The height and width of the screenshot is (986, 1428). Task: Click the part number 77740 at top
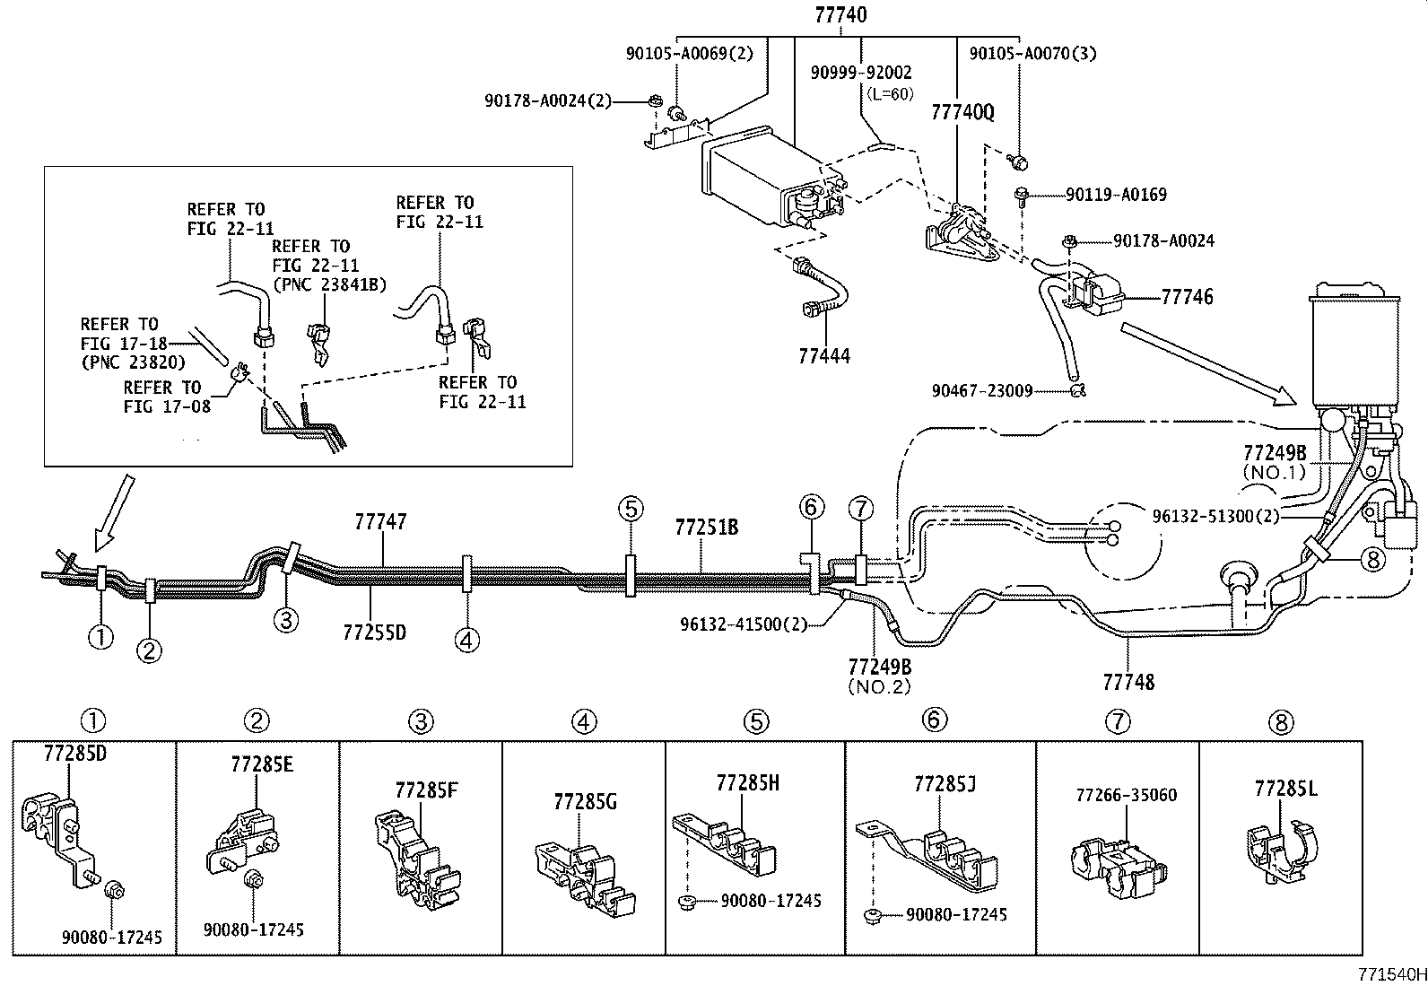tap(840, 15)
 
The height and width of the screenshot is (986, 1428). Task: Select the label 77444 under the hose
tap(823, 355)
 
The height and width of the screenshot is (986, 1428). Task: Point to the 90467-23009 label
tap(981, 390)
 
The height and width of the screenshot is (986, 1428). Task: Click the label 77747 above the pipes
tap(380, 521)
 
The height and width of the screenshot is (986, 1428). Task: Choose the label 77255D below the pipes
tap(374, 633)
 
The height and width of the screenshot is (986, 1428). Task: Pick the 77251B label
tap(706, 528)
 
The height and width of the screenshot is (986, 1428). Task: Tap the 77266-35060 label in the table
tap(1126, 795)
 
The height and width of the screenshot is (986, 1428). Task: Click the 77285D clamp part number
tap(74, 754)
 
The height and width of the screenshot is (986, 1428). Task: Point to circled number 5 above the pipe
tap(631, 509)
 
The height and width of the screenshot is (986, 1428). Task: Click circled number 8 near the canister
tap(1372, 559)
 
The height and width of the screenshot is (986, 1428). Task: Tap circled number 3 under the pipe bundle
tap(285, 619)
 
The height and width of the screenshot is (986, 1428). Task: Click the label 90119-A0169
tap(1116, 194)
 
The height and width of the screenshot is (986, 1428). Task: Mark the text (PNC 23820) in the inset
tap(132, 362)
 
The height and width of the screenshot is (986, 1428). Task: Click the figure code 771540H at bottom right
tap(1390, 973)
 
